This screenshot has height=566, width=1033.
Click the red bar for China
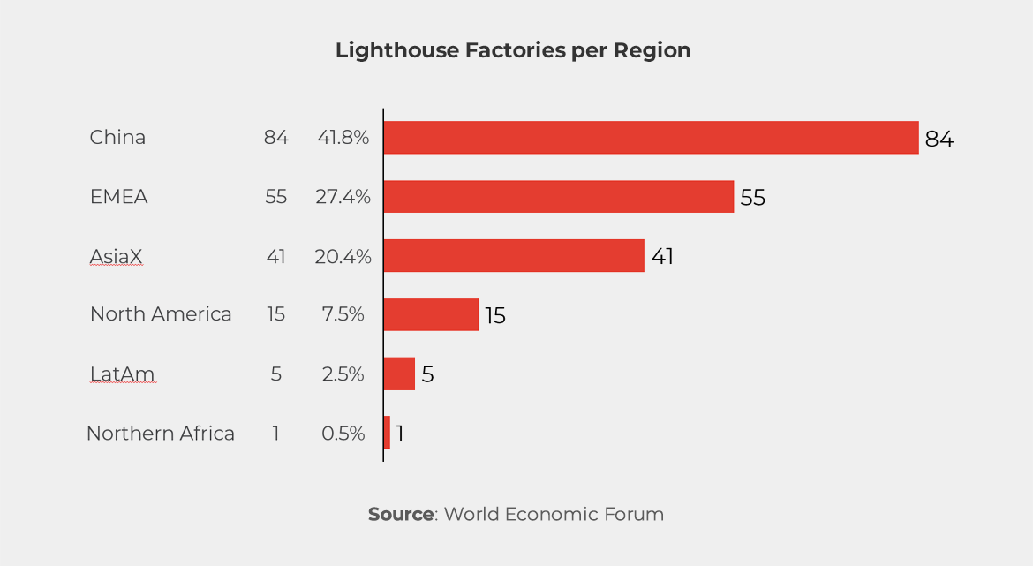pos(651,138)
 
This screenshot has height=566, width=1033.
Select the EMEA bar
pos(559,197)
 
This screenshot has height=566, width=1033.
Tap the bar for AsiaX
pos(514,256)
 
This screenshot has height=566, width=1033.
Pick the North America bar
pos(431,314)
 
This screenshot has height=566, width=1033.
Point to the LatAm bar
pos(399,374)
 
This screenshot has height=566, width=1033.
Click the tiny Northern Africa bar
pos(387,433)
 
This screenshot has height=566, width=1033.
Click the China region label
pos(117,138)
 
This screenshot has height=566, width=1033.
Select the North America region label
pos(161,314)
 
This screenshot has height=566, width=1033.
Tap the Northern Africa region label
pos(161,434)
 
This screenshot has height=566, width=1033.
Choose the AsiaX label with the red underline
pos(116,256)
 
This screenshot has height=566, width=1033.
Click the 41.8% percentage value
pos(343,138)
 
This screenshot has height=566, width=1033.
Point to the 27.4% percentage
pos(343,197)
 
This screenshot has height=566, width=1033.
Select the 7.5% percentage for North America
pos(343,314)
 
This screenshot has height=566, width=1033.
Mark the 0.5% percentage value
pos(343,434)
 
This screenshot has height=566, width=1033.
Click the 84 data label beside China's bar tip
pos(939,140)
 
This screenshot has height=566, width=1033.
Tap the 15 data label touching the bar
pos(494,316)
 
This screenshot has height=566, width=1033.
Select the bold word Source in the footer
pos(400,514)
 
